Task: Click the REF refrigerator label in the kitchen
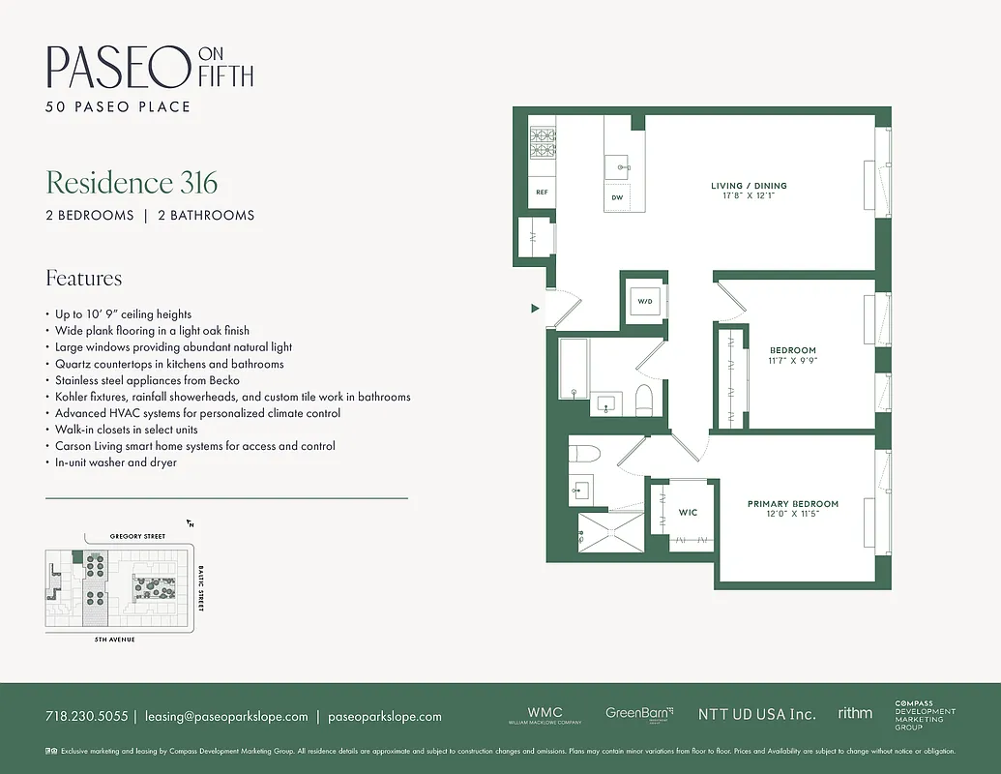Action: [x=543, y=193]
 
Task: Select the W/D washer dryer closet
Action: [x=643, y=301]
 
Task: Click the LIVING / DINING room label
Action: [x=749, y=186]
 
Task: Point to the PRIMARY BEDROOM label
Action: [x=793, y=504]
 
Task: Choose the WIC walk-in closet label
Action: [x=689, y=512]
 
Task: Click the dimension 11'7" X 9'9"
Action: [x=793, y=361]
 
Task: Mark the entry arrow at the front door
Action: [x=534, y=309]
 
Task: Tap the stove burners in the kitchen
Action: [x=543, y=143]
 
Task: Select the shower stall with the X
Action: [x=610, y=533]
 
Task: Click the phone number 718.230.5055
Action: [x=86, y=717]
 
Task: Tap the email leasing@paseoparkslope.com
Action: [x=226, y=717]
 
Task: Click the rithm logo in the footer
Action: [x=855, y=713]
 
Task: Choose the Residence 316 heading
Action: [x=132, y=183]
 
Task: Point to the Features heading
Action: [x=84, y=279]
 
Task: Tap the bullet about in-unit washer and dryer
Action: [x=116, y=462]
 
